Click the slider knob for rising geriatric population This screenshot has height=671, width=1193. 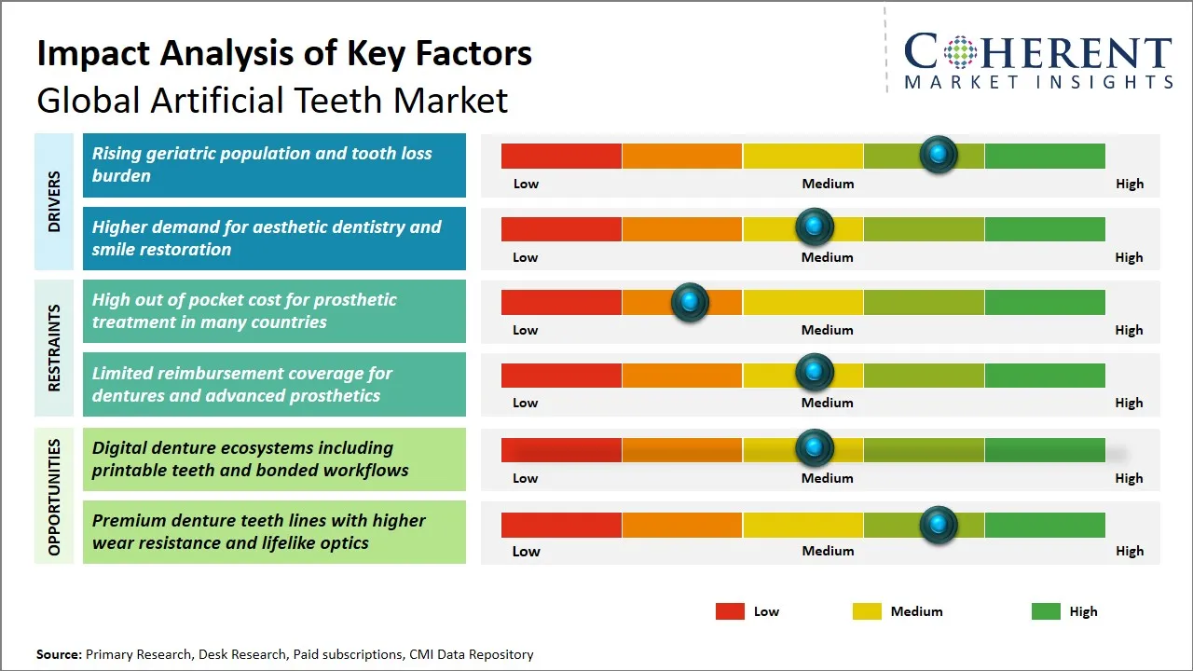pyautogui.click(x=939, y=154)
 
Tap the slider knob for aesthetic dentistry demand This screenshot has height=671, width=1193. pyautogui.click(x=815, y=226)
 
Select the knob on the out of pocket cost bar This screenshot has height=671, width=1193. pyautogui.click(x=690, y=302)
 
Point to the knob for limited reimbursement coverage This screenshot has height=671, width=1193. pyautogui.click(x=815, y=373)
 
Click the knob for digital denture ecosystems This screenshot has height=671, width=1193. pyautogui.click(x=815, y=448)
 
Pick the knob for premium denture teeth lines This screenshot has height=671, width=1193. pyautogui.click(x=939, y=525)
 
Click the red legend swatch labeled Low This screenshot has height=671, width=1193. pyautogui.click(x=730, y=611)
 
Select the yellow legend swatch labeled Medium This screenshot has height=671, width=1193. pyautogui.click(x=867, y=611)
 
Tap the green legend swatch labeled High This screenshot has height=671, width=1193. pyautogui.click(x=1046, y=611)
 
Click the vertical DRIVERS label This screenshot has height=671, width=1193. pyautogui.click(x=54, y=201)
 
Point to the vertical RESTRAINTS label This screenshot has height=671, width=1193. pyautogui.click(x=54, y=348)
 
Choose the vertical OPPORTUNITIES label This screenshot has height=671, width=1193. pyautogui.click(x=54, y=496)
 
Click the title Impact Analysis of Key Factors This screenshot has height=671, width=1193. pyautogui.click(x=284, y=53)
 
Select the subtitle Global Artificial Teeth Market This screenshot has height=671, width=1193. pyautogui.click(x=272, y=100)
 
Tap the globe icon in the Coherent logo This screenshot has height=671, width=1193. pyautogui.click(x=960, y=52)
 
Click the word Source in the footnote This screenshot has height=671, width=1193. pyautogui.click(x=58, y=654)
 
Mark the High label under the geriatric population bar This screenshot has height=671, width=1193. pyautogui.click(x=1129, y=184)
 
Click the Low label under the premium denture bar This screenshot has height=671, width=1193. pyautogui.click(x=526, y=551)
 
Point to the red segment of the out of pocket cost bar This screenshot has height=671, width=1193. pyautogui.click(x=561, y=302)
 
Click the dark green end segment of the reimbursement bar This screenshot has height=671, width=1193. pyautogui.click(x=1044, y=375)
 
